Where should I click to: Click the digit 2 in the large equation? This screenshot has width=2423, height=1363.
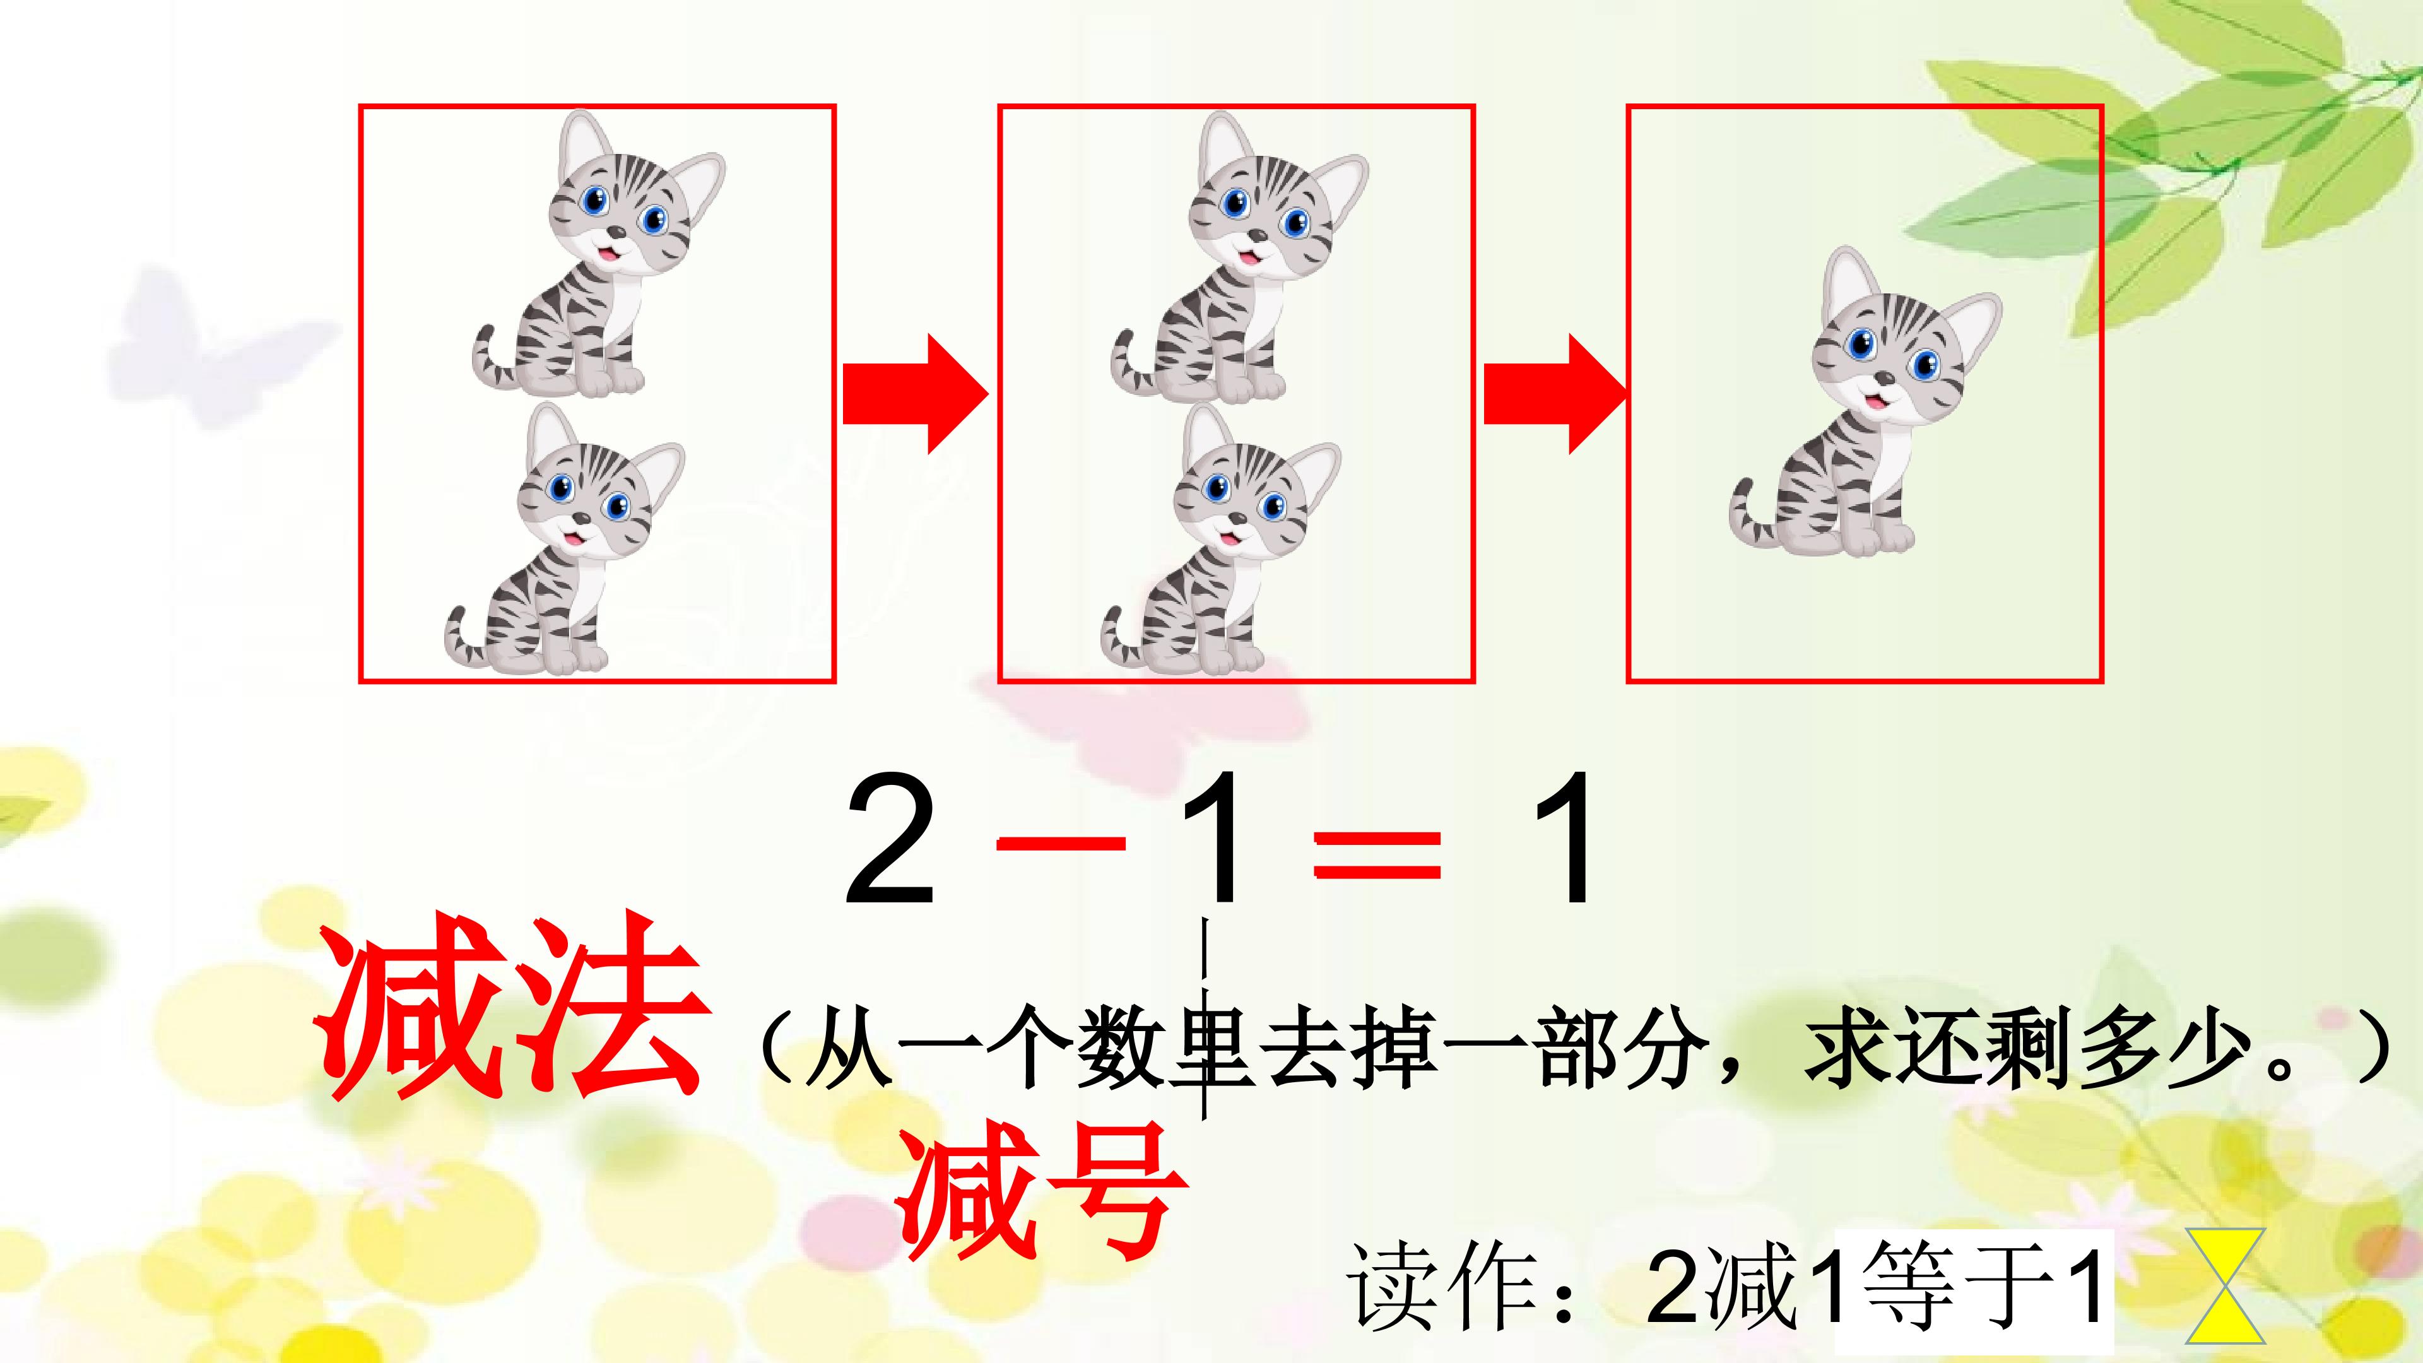pyautogui.click(x=890, y=839)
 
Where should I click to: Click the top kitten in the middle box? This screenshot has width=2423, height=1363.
pyautogui.click(x=1232, y=263)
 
